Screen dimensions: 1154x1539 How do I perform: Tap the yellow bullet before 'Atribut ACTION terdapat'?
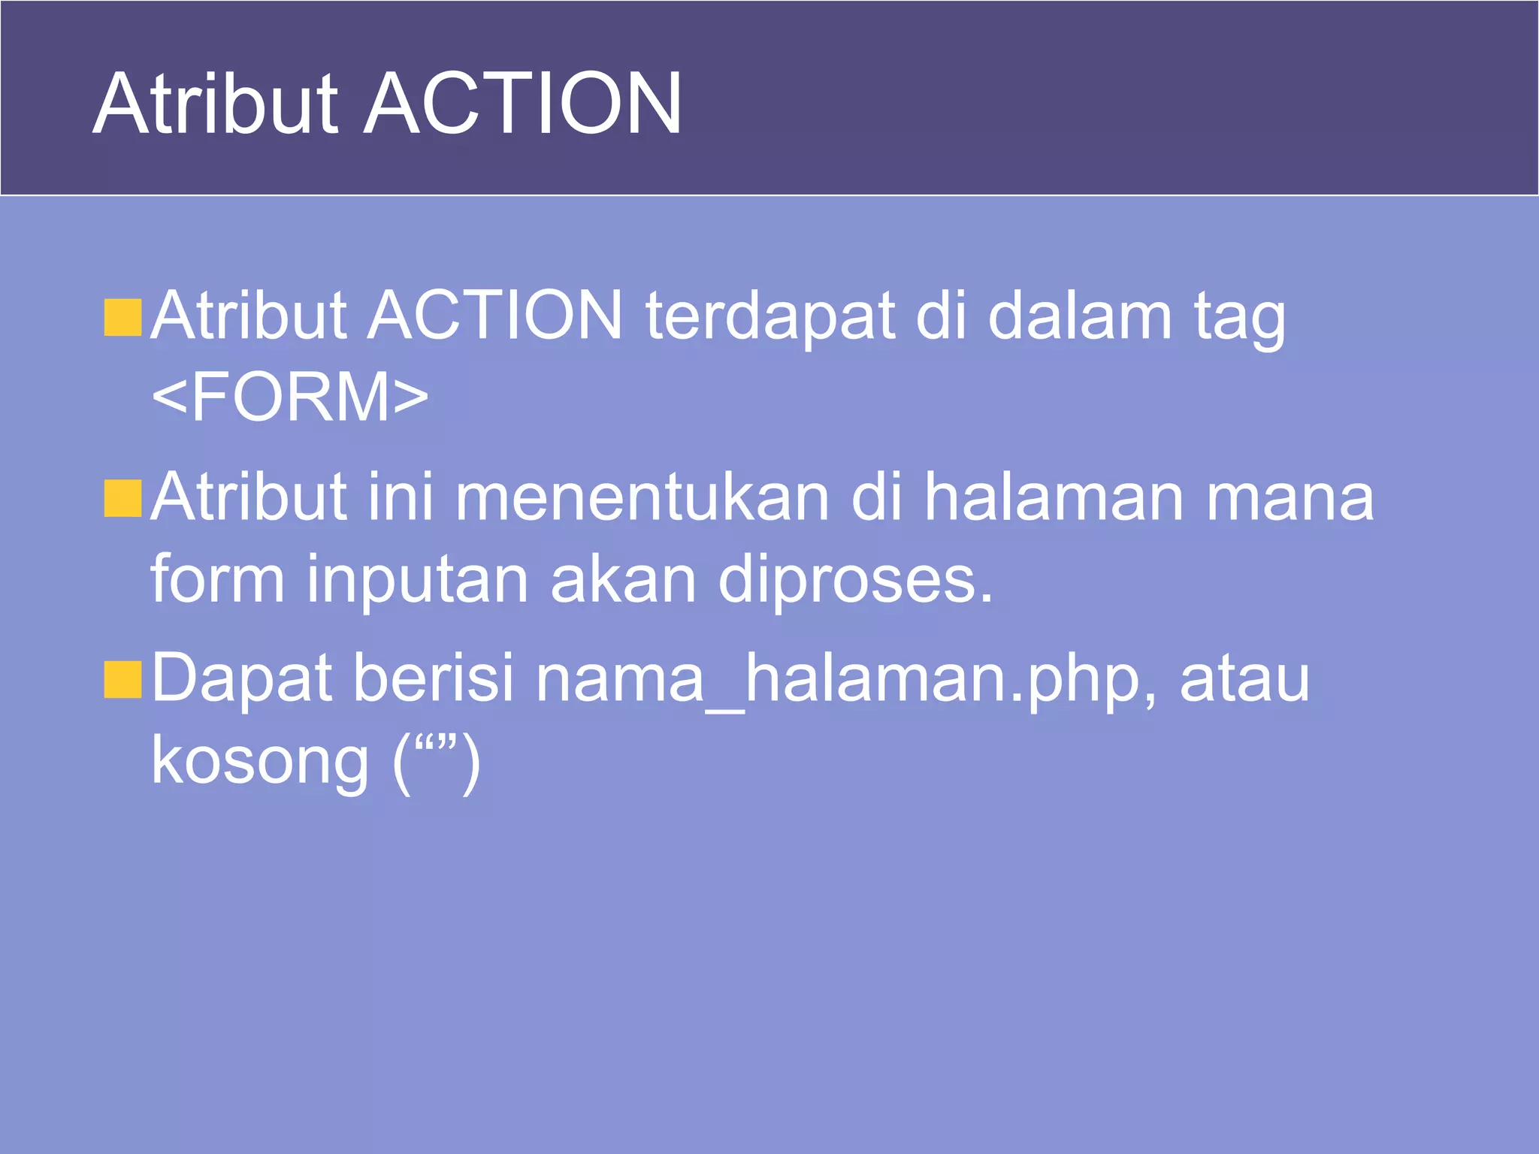pyautogui.click(x=123, y=317)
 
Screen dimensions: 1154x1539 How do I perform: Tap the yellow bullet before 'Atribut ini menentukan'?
pyautogui.click(x=123, y=499)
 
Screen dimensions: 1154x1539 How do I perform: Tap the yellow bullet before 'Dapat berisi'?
pyautogui.click(x=123, y=680)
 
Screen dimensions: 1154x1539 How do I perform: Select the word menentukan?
pyautogui.click(x=643, y=497)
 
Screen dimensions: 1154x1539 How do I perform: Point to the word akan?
pyautogui.click(x=623, y=579)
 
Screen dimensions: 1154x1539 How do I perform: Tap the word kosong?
pyautogui.click(x=260, y=761)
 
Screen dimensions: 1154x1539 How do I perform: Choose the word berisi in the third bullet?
pyautogui.click(x=433, y=678)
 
